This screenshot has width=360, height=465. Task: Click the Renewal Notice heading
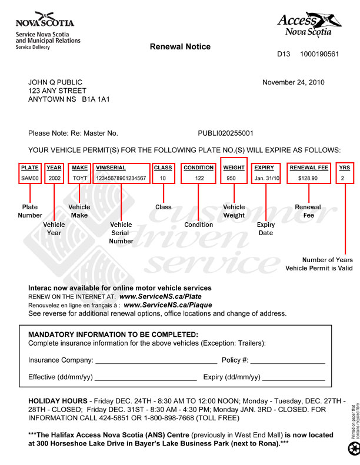(180, 46)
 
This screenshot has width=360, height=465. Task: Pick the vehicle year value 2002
(54, 178)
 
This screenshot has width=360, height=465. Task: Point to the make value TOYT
(79, 178)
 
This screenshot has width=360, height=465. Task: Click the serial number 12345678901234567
(121, 178)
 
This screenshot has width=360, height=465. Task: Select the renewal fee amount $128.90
(308, 178)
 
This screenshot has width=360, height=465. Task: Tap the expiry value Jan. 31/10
(267, 178)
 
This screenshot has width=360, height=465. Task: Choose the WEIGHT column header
(234, 168)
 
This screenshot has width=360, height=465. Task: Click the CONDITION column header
(198, 168)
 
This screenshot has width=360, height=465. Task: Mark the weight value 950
(231, 178)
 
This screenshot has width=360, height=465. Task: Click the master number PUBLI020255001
(225, 133)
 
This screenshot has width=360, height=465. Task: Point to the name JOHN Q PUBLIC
(55, 82)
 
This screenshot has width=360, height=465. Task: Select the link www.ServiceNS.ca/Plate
(156, 297)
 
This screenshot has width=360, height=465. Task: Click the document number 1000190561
(319, 54)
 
